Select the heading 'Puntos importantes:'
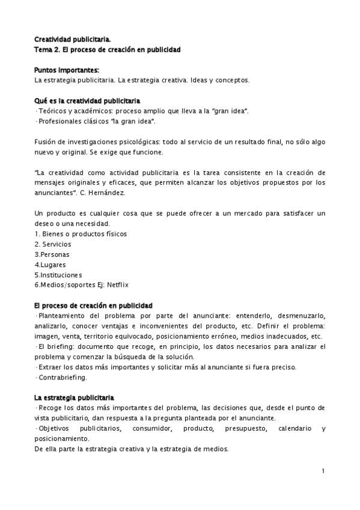point(66,69)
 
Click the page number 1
point(323,471)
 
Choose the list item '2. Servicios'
point(53,244)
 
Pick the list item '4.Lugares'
point(50,264)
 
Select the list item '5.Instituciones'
point(56,274)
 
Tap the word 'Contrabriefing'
point(62,378)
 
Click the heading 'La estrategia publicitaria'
point(74,398)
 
